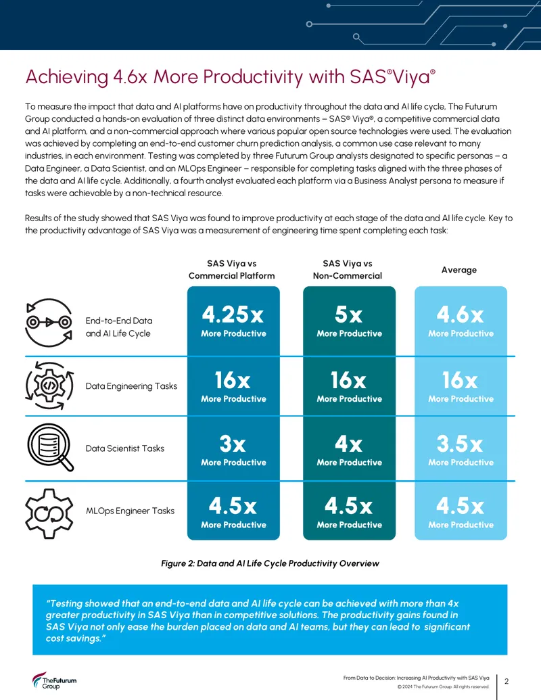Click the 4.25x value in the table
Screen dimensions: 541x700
click(x=233, y=314)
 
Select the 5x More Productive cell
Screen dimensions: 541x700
click(x=349, y=321)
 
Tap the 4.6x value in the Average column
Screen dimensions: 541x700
click(x=461, y=314)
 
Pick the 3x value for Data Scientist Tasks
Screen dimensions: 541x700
click(x=233, y=444)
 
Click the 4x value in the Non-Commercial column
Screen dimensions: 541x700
click(x=349, y=444)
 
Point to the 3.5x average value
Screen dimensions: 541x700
click(x=460, y=444)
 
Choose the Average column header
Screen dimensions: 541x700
click(x=459, y=270)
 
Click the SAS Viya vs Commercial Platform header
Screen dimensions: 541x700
click(x=232, y=270)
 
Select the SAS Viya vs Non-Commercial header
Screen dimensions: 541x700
click(x=348, y=270)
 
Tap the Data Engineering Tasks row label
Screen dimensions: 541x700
click(x=131, y=386)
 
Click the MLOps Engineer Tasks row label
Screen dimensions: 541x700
click(x=130, y=511)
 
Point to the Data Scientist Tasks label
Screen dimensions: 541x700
click(x=125, y=448)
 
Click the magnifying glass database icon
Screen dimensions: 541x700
click(x=50, y=447)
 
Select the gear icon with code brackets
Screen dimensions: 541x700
click(x=49, y=386)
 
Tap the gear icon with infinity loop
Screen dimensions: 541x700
click(x=49, y=513)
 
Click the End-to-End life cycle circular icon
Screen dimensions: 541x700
click(x=49, y=323)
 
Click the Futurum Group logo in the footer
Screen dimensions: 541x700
click(x=54, y=681)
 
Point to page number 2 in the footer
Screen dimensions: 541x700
click(x=507, y=681)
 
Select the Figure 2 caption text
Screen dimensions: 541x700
click(x=270, y=563)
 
